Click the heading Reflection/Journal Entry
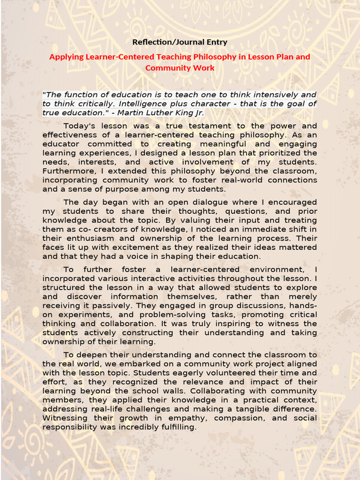tap(180, 42)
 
